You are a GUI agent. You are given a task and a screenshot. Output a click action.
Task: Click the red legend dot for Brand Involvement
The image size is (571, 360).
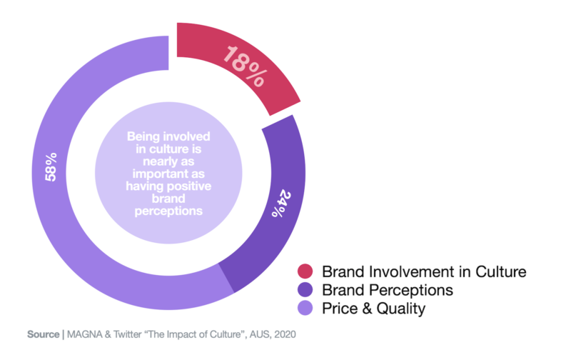coord(305,271)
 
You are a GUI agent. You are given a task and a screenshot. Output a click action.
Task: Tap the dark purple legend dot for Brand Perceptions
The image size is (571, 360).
coord(305,291)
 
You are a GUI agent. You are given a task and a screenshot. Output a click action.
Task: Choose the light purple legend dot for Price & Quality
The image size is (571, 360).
coord(305,309)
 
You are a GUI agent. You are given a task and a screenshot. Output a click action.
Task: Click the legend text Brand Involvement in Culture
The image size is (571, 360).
coord(424,272)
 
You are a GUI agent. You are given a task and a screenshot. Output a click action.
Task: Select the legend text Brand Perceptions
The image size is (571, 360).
coord(388,291)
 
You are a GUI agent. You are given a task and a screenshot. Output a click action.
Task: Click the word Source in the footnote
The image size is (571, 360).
coord(44,334)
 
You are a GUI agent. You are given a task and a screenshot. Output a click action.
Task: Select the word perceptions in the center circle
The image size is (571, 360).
coord(165,211)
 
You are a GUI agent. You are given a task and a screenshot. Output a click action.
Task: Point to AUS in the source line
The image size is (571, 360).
coord(256,334)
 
